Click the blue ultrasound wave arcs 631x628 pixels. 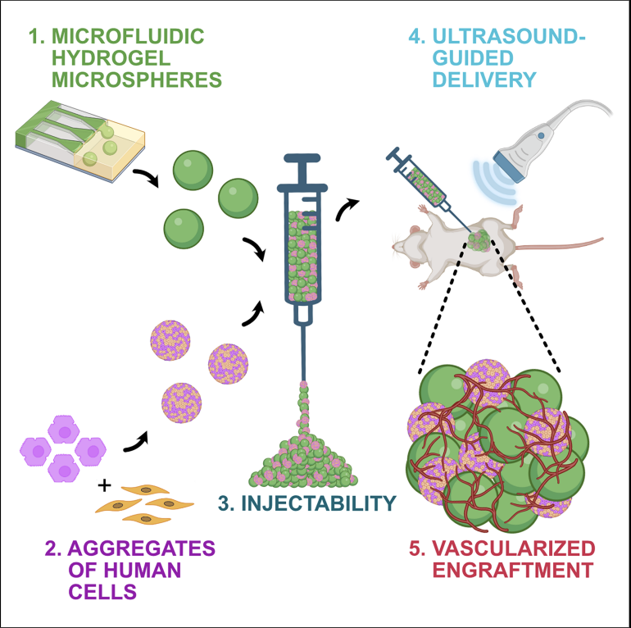[496, 182]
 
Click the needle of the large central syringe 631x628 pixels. [302, 353]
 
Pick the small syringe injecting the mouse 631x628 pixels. [425, 185]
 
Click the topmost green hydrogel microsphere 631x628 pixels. [193, 170]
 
